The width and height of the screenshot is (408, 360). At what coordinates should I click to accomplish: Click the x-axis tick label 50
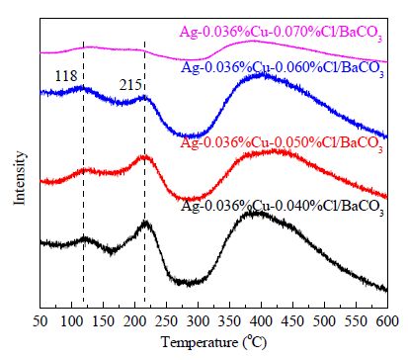pyautogui.click(x=41, y=321)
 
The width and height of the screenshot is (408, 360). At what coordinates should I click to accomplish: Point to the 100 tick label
pyautogui.click(x=71, y=321)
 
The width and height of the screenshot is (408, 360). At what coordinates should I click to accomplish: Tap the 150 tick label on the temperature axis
pyautogui.click(x=103, y=321)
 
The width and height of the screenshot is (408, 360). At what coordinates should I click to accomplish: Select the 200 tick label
pyautogui.click(x=134, y=321)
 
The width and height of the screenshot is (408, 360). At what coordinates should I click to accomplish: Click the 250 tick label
pyautogui.click(x=166, y=321)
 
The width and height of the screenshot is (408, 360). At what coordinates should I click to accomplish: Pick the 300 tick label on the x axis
pyautogui.click(x=198, y=321)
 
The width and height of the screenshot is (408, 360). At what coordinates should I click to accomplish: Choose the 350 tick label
pyautogui.click(x=229, y=321)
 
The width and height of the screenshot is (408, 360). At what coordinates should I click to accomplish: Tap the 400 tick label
pyautogui.click(x=261, y=321)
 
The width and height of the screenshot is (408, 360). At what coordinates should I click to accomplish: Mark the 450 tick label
pyautogui.click(x=292, y=321)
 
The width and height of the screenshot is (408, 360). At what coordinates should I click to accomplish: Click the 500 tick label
pyautogui.click(x=324, y=321)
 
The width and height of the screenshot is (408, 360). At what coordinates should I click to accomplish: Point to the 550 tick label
pyautogui.click(x=356, y=321)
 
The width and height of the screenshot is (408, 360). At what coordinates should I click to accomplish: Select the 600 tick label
pyautogui.click(x=387, y=321)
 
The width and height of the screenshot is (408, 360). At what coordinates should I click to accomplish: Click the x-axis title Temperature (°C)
pyautogui.click(x=213, y=342)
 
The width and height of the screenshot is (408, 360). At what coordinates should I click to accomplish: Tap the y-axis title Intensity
pyautogui.click(x=20, y=178)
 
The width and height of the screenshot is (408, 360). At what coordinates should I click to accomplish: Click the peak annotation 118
pyautogui.click(x=66, y=76)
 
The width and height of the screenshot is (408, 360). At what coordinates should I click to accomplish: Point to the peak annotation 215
pyautogui.click(x=130, y=85)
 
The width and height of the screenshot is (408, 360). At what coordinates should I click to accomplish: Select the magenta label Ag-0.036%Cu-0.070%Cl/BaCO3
pyautogui.click(x=282, y=34)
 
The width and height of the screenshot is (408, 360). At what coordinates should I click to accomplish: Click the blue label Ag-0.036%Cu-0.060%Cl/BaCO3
pyautogui.click(x=283, y=68)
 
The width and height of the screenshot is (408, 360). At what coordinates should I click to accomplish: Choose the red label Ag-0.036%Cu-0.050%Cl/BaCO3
pyautogui.click(x=282, y=143)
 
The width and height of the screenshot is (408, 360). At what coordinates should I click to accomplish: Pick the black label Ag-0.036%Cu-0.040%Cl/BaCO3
pyautogui.click(x=283, y=207)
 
